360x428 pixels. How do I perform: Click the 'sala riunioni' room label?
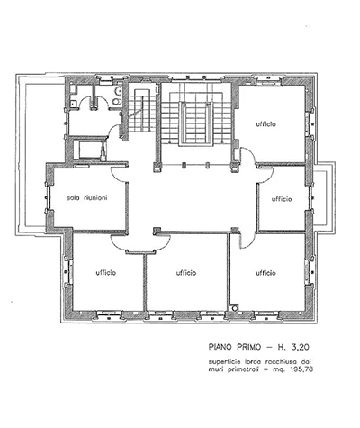click(x=86, y=198)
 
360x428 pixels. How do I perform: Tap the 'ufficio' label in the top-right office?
click(x=265, y=124)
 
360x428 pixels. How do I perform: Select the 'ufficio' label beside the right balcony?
click(x=282, y=199)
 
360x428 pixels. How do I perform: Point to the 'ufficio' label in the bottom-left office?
click(x=106, y=273)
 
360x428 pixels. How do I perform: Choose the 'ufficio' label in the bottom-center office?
click(x=186, y=273)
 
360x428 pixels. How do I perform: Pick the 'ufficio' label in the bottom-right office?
click(x=265, y=273)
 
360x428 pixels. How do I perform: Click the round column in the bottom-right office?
click(x=234, y=307)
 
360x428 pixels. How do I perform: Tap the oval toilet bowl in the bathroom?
click(x=117, y=102)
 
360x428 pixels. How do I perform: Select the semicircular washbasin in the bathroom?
click(x=119, y=91)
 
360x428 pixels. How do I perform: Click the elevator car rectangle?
click(x=90, y=150)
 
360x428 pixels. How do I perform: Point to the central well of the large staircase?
click(x=195, y=123)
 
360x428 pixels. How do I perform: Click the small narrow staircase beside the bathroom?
click(x=142, y=110)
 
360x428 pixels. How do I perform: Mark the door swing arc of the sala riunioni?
click(x=120, y=175)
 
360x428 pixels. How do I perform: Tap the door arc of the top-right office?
click(x=248, y=156)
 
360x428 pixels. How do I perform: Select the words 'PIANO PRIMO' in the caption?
click(x=235, y=347)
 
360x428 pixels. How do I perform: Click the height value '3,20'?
click(x=300, y=347)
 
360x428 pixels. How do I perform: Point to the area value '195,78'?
click(x=301, y=369)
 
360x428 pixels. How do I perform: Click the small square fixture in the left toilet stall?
click(x=73, y=104)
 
